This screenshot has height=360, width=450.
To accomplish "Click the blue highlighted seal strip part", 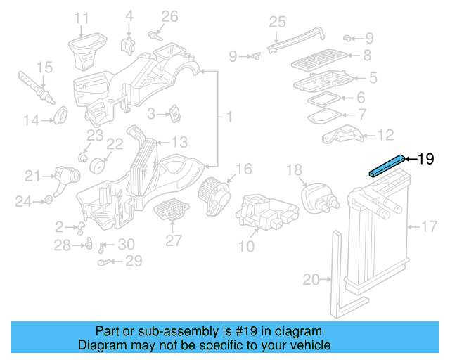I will point(387,165).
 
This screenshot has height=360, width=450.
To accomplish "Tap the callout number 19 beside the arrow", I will point(427,159).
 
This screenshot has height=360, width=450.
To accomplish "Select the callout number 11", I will point(82,18).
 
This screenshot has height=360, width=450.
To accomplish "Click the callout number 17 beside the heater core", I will point(429,226).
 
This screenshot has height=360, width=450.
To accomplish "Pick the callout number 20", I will point(311,280).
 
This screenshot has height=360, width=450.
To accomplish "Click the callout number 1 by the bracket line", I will point(229,115).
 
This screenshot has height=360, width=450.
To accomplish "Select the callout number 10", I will point(247,246).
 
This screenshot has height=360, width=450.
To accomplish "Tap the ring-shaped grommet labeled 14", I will point(61,112).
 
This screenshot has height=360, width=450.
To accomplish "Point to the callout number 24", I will point(24,202).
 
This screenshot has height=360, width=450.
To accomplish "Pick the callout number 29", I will point(133,261).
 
